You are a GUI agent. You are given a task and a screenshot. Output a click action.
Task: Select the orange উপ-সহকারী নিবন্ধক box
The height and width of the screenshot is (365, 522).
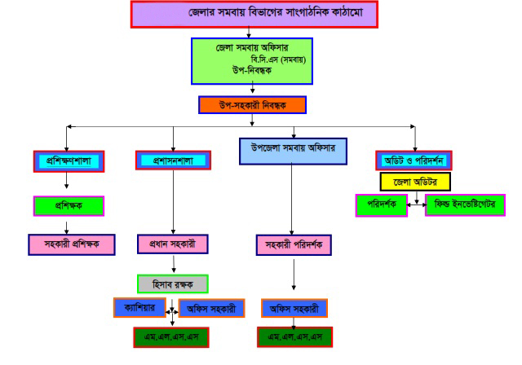coord(252,105)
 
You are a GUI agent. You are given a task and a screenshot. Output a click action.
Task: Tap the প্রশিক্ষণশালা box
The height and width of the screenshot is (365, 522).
coord(68,161)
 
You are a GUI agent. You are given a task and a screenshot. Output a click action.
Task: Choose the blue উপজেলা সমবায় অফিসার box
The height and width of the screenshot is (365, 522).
coord(293,151)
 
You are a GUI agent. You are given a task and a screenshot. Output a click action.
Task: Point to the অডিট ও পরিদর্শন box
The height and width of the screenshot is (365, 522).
coord(414,161)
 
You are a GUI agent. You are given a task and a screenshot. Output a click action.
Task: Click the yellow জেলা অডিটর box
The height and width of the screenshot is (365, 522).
coord(415,182)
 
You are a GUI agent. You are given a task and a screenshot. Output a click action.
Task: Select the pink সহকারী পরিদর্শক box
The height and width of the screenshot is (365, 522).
coord(294,244)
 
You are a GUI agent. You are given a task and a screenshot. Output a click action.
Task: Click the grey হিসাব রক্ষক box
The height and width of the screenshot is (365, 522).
coord(172,283)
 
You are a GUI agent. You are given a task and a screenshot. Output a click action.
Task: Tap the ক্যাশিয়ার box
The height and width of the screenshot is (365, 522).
coord(139,308)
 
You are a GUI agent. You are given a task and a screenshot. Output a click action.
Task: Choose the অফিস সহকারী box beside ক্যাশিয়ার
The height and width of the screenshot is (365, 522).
coord(208,309)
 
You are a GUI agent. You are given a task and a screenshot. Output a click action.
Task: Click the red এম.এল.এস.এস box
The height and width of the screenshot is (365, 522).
coord(171,336)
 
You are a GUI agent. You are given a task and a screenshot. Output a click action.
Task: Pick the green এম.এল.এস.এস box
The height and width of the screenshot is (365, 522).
coord(294,336)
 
